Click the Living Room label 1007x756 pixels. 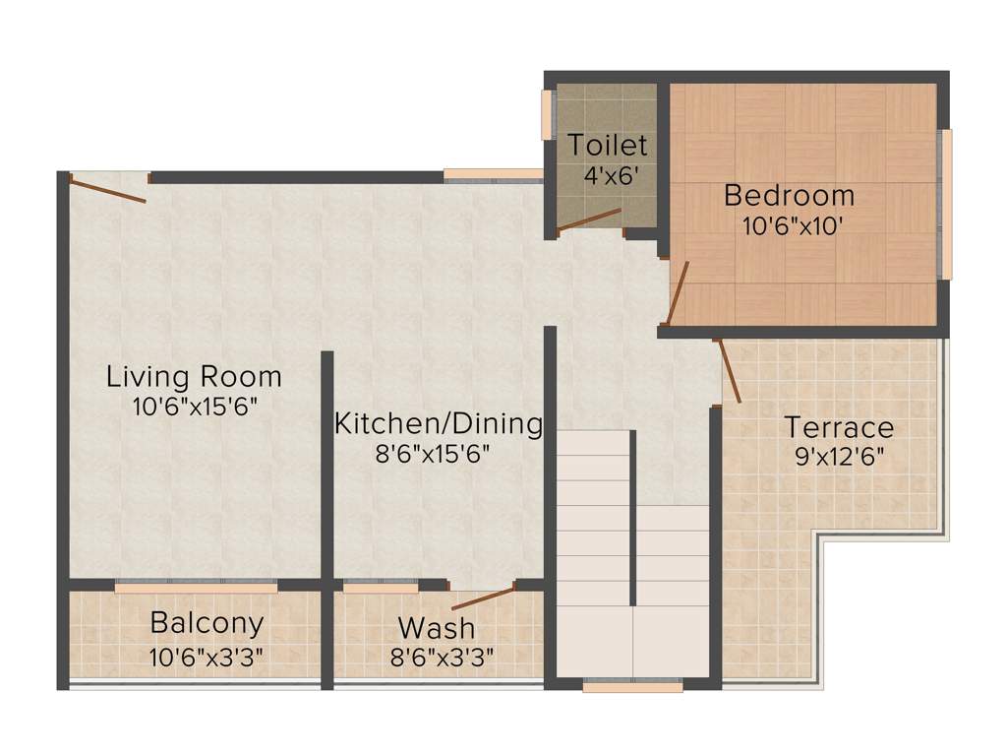[194, 376]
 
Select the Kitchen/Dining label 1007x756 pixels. [439, 424]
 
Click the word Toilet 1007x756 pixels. [608, 146]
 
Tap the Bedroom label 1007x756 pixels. [789, 195]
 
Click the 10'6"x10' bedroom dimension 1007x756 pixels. [792, 224]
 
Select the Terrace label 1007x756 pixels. [839, 428]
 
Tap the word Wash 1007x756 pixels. [437, 627]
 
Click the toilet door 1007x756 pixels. [589, 220]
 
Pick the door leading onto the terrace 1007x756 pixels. [729, 370]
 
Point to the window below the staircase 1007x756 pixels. [632, 686]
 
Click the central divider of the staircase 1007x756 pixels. [632, 517]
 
